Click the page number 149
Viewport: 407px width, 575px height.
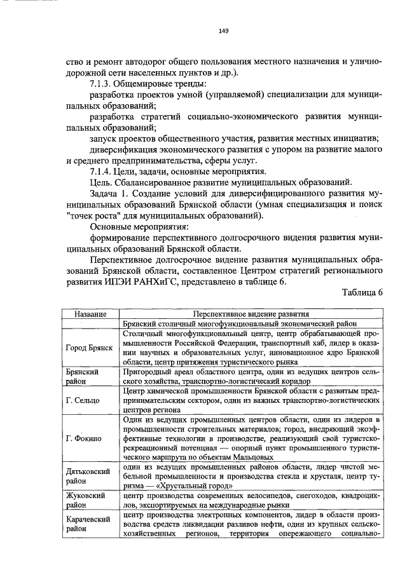coord(223,31)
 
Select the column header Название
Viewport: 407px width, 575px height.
coord(89,314)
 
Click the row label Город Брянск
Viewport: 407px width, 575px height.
coord(90,348)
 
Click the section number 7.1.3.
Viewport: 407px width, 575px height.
coord(104,85)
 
